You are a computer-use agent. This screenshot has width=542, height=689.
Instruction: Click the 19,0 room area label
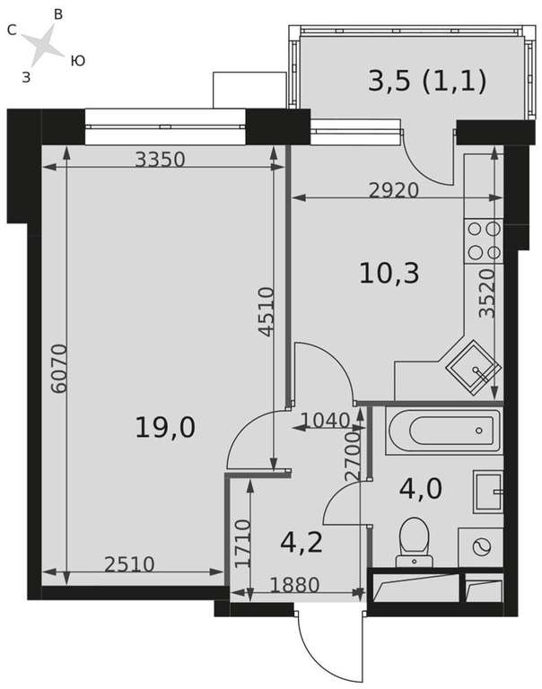tap(165, 427)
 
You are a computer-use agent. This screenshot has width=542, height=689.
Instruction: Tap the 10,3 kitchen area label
tap(389, 273)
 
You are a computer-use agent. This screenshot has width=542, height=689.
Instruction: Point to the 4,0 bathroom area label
tap(420, 489)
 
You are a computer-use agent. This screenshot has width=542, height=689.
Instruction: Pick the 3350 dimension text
tap(160, 159)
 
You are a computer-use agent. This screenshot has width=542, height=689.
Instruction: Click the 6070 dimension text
tap(59, 368)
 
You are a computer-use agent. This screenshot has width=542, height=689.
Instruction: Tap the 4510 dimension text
tap(266, 311)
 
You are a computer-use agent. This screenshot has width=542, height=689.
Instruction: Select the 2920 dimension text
tap(394, 190)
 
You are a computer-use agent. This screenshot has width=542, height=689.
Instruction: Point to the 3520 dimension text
tap(487, 293)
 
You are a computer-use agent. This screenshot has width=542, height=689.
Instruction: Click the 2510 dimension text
tap(130, 564)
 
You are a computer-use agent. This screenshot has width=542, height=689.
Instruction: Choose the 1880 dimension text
tap(294, 585)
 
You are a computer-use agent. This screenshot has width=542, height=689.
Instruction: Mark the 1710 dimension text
tap(242, 544)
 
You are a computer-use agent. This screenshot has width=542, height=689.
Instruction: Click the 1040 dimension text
tap(325, 421)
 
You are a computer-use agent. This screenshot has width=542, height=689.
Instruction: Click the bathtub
tap(443, 431)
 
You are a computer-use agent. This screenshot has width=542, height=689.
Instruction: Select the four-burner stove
tap(484, 240)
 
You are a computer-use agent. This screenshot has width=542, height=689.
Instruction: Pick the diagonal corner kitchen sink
tap(473, 368)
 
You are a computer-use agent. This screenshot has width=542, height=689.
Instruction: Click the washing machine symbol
tap(481, 547)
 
